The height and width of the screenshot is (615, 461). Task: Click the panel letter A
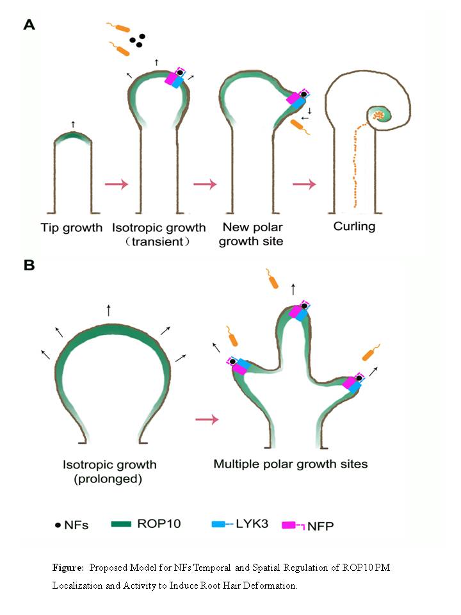tap(29, 26)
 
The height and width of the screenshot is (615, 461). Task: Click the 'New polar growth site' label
tap(254, 234)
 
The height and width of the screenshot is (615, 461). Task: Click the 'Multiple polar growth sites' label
tap(291, 463)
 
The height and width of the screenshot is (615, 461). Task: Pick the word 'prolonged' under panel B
tap(109, 479)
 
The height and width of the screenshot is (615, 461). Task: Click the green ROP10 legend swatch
tap(122, 524)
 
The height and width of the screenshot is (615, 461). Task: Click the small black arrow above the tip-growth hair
tap(73, 124)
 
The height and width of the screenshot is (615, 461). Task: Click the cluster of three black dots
tap(136, 41)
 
